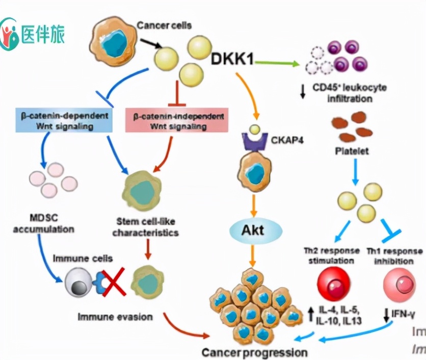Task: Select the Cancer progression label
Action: click(255, 352)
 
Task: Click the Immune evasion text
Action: click(115, 317)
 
